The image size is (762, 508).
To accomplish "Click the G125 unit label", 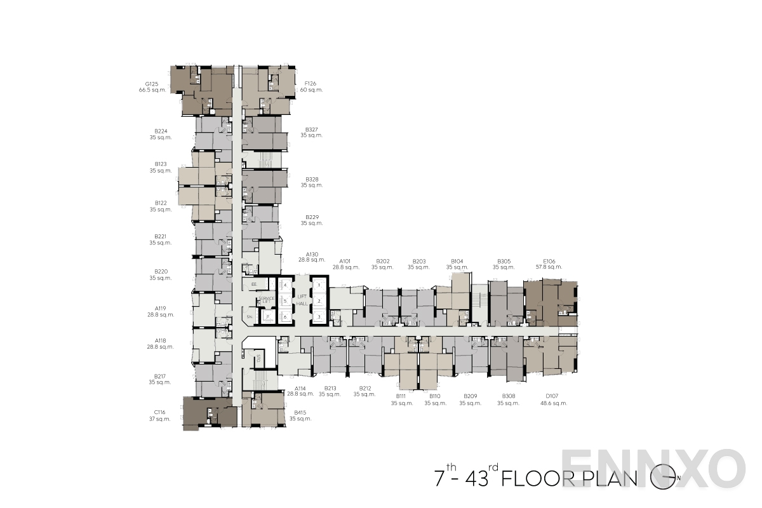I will click(151, 84).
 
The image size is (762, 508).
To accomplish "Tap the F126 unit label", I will click(311, 84).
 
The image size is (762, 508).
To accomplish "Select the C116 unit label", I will click(159, 413).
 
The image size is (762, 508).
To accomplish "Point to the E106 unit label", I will click(549, 261).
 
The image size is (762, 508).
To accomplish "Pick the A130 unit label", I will click(312, 253).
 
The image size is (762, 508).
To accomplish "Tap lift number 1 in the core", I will click(319, 286).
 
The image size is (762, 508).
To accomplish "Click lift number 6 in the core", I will click(286, 316).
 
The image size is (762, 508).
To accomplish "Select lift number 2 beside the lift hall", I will click(319, 301).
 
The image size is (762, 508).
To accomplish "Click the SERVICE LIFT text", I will click(267, 299).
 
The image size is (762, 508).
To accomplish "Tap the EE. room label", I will click(254, 284).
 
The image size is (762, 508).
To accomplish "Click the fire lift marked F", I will click(268, 316).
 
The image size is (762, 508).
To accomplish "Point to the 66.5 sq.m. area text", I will click(152, 90).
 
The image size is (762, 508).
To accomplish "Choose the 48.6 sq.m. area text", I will click(553, 403).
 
